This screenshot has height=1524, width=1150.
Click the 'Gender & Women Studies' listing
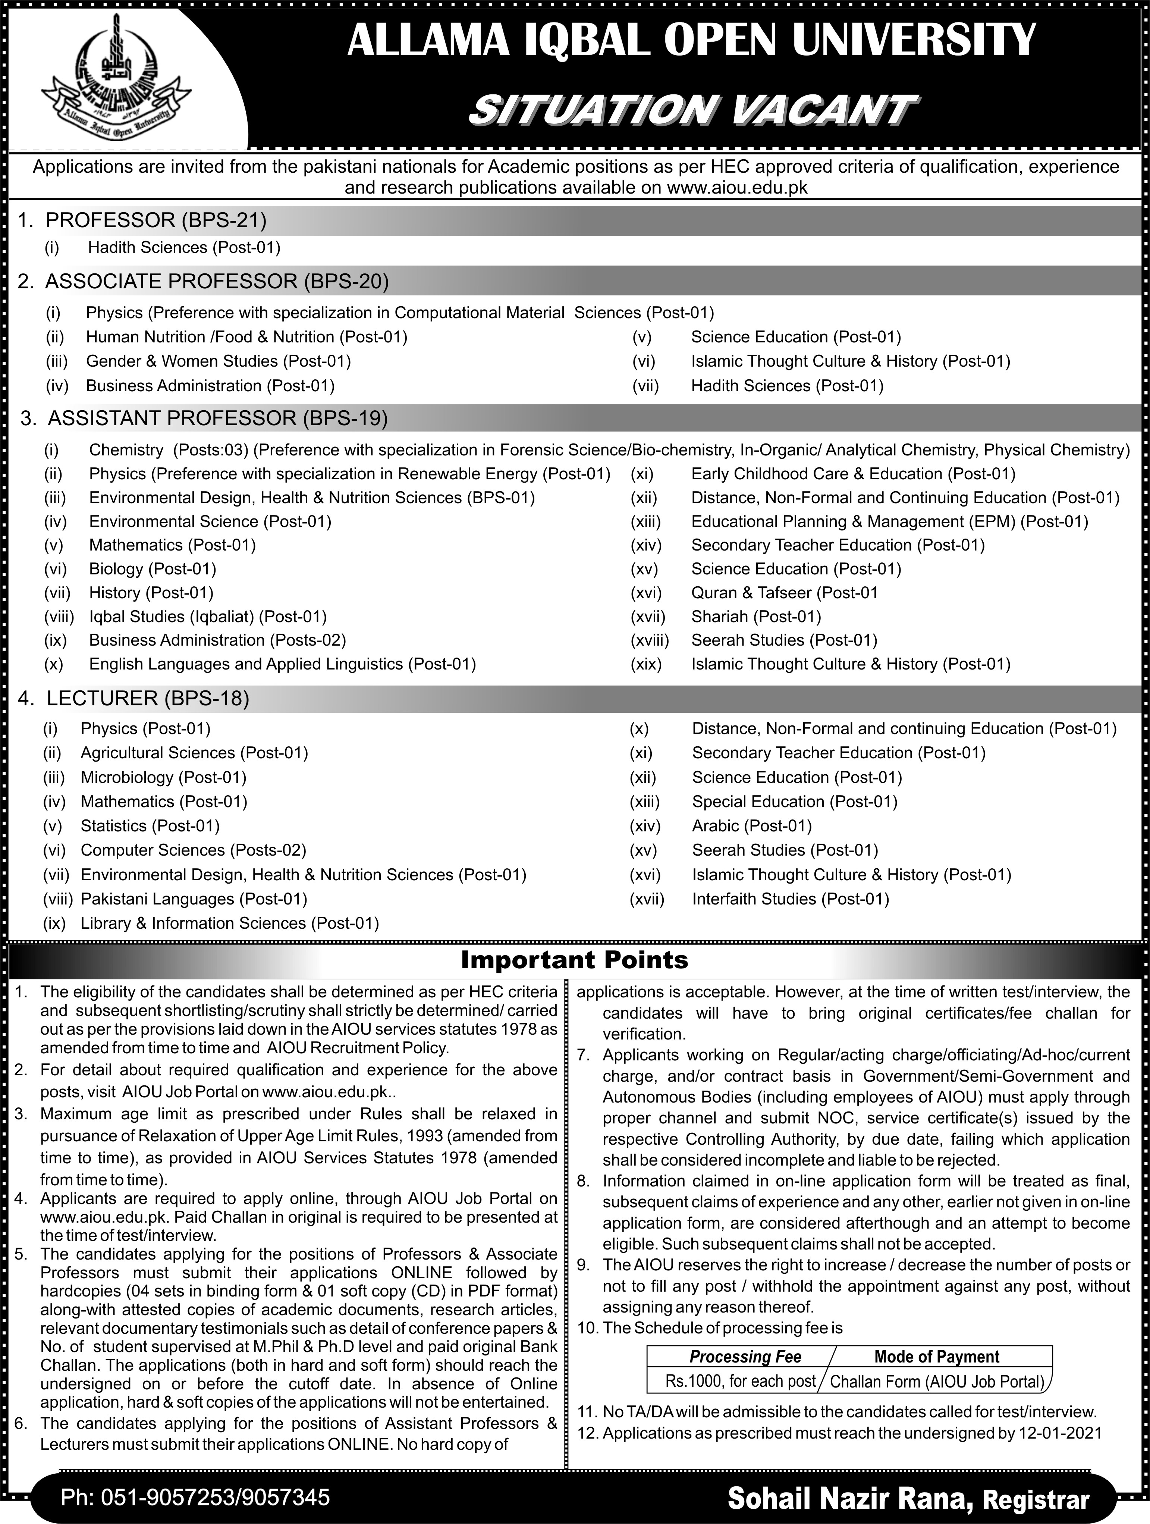coord(218,361)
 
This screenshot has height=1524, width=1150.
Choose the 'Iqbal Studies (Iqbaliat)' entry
coord(208,617)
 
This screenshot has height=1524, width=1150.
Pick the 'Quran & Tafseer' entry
coord(784,593)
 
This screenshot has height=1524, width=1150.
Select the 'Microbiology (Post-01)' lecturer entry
coord(163,777)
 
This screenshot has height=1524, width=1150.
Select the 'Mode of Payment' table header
coord(937,1357)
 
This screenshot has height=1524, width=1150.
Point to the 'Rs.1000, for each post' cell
coord(740,1382)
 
